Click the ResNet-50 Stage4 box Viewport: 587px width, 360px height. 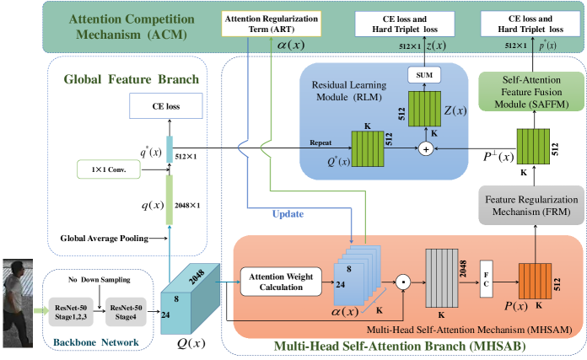point(128,307)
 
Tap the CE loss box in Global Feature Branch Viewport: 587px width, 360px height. point(166,106)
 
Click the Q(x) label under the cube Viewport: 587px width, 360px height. point(189,344)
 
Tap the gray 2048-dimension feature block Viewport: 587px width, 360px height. point(440,275)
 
